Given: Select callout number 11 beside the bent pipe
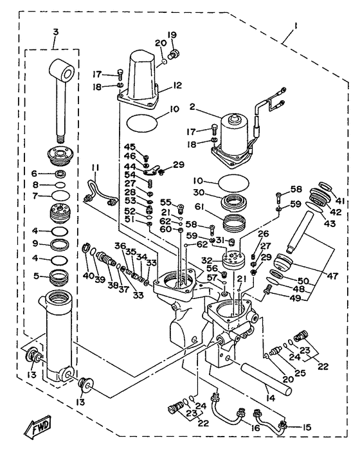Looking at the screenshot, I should [x=95, y=168].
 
